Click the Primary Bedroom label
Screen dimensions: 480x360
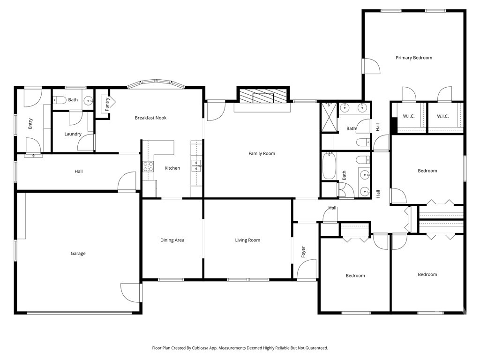(x=414, y=58)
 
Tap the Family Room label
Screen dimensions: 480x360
(x=262, y=153)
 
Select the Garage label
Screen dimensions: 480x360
(x=78, y=254)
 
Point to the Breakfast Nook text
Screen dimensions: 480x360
(x=150, y=118)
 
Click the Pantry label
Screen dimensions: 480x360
(x=107, y=105)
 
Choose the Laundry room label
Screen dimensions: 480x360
(x=73, y=134)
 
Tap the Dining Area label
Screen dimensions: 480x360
(x=172, y=240)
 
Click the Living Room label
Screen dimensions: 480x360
(x=247, y=240)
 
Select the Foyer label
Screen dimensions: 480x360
(x=303, y=252)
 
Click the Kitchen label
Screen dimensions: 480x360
(x=172, y=168)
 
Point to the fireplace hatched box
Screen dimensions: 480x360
(x=264, y=96)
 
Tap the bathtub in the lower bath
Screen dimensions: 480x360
(x=329, y=165)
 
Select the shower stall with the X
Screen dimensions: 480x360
(x=329, y=117)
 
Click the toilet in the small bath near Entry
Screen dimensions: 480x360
(x=60, y=100)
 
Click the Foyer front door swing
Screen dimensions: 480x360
(x=307, y=270)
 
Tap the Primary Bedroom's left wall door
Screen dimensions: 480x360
(x=371, y=66)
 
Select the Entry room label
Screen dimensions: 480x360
(x=30, y=124)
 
